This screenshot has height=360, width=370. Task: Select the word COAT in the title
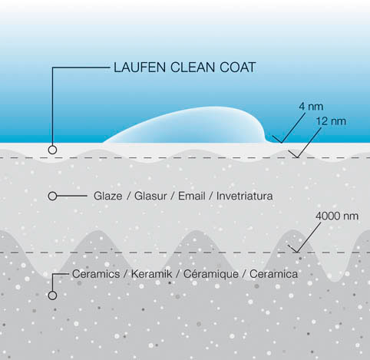[x=238, y=68]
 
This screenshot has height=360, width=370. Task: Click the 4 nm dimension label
[x=311, y=107]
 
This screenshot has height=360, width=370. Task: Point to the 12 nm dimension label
[x=331, y=121]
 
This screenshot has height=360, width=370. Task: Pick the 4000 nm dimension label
[x=337, y=216]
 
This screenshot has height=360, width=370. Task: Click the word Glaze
[x=107, y=197]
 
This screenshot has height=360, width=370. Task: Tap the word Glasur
[x=150, y=197]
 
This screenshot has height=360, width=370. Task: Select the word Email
[x=192, y=197]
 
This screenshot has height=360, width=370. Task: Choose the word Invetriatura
[x=244, y=197]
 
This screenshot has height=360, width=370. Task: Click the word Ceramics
[x=96, y=274]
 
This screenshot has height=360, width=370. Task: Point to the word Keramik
[x=151, y=274]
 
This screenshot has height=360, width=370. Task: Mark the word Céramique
[x=211, y=274]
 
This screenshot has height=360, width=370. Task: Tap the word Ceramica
[x=273, y=274]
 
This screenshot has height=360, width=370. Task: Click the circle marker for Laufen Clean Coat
[x=52, y=150]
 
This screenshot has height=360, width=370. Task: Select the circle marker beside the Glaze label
[x=52, y=197]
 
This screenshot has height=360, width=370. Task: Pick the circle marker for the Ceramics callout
[x=52, y=296]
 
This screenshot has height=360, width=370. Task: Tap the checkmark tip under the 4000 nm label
[x=297, y=253]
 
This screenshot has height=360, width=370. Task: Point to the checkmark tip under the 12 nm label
[x=297, y=157]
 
